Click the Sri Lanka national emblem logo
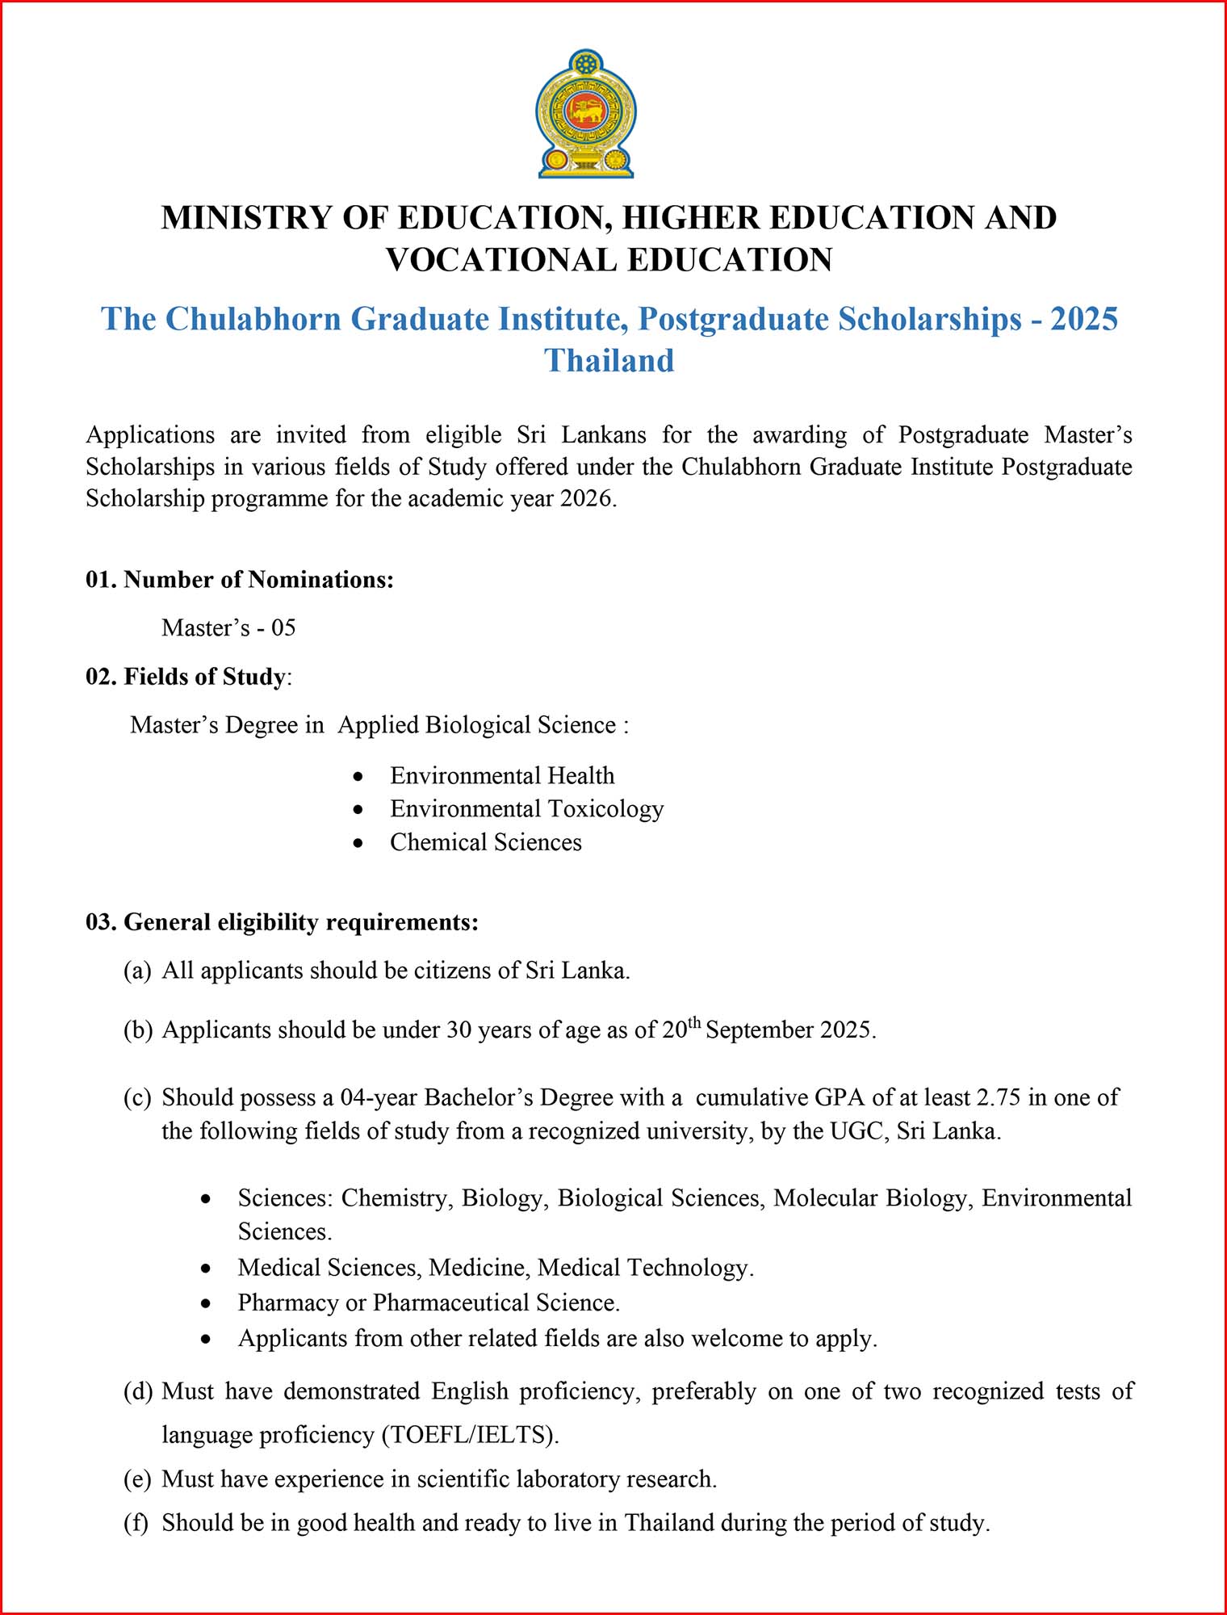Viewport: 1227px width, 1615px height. (586, 114)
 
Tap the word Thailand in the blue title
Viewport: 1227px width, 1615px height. (609, 361)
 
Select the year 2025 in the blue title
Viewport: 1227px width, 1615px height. (1083, 319)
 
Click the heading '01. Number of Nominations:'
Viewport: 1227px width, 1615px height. (240, 580)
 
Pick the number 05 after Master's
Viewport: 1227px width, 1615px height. (283, 627)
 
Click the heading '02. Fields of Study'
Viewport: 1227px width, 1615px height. (186, 677)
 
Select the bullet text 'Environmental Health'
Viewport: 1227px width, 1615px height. (502, 775)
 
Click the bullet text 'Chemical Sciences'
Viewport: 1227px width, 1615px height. (486, 842)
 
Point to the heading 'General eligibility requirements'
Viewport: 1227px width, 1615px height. (300, 922)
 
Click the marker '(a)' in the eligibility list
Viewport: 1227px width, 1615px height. (137, 971)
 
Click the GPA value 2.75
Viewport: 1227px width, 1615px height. (999, 1097)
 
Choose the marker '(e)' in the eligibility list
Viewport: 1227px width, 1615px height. (137, 1479)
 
